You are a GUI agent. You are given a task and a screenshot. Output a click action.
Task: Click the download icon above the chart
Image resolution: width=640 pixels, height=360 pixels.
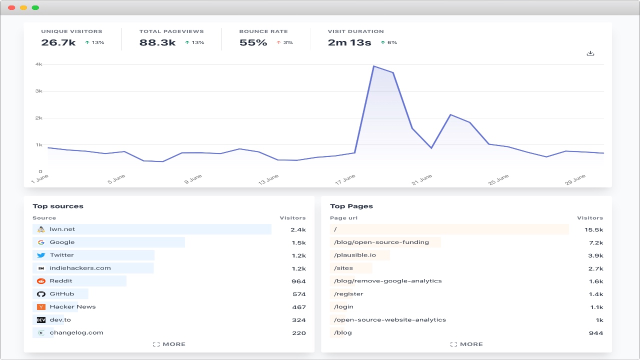coord(590,53)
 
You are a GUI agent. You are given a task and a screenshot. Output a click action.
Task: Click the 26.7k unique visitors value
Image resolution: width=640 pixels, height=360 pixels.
coord(58,43)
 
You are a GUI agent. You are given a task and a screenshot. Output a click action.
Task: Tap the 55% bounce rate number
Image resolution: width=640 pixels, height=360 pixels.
coord(253,43)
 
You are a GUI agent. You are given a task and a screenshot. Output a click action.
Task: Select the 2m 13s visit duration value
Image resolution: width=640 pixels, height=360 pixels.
coord(349,43)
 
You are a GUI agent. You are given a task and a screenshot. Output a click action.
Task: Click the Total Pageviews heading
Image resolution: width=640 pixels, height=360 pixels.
coord(171,31)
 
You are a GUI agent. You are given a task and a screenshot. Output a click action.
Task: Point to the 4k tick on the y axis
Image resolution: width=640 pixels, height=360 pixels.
coord(38,64)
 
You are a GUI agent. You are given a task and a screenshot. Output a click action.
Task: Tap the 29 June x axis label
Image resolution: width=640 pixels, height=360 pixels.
coord(575,179)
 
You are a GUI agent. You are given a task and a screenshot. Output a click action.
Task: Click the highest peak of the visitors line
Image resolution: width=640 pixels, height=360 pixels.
coord(373,66)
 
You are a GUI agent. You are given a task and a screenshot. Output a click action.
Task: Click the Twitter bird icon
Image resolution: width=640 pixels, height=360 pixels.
coord(41,255)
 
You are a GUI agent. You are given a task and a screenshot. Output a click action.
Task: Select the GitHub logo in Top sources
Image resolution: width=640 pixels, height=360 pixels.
coord(41,294)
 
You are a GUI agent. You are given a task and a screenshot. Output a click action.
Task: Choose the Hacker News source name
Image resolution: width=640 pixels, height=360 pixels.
coord(72,307)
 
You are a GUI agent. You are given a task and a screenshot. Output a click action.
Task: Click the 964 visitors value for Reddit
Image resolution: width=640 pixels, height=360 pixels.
coord(298,281)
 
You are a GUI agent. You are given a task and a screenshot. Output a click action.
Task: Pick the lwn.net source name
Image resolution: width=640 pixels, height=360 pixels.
coord(62,229)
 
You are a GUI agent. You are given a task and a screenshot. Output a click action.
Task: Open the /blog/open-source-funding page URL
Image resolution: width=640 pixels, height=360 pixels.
coord(381,242)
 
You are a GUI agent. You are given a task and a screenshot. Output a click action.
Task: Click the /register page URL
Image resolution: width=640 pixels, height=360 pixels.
coord(348,294)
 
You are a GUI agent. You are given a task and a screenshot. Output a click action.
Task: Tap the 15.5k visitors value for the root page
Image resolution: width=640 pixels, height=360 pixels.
coord(593,229)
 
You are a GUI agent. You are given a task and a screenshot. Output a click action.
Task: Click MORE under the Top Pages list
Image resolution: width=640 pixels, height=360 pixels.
coord(466,344)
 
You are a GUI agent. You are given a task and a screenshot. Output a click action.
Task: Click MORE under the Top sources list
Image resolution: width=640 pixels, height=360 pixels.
coord(169,344)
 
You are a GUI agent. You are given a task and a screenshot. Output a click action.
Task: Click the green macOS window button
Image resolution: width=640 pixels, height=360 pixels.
coord(35,7)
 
